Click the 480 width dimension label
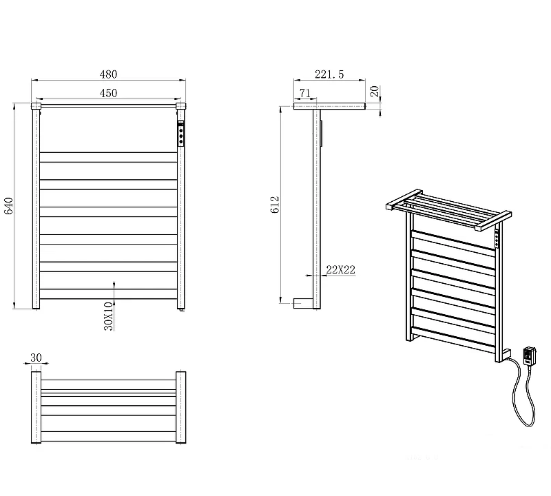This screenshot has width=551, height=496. [x=108, y=74]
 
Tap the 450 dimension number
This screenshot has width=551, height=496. [x=108, y=93]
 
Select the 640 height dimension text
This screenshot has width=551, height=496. [x=8, y=206]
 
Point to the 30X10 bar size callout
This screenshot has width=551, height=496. [x=109, y=316]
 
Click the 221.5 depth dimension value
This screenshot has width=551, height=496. [x=329, y=74]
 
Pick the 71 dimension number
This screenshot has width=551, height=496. [x=305, y=93]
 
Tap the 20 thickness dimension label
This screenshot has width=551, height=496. [x=375, y=92]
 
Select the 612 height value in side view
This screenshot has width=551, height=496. [x=275, y=205]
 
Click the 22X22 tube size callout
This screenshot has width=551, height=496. [x=340, y=269]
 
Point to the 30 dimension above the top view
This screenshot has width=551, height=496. [x=36, y=358]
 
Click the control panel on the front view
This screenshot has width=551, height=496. [x=180, y=133]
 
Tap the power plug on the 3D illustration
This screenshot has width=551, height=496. [x=530, y=355]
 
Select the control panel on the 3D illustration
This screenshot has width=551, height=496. [x=497, y=238]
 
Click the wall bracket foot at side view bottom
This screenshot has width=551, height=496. [x=303, y=304]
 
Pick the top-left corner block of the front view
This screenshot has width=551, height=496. [x=36, y=106]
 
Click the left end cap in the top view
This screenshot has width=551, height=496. [x=37, y=407]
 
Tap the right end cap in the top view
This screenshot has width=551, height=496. [x=180, y=407]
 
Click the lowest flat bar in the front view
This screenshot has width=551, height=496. [x=108, y=294]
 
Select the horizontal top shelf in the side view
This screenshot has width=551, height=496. [x=329, y=106]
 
